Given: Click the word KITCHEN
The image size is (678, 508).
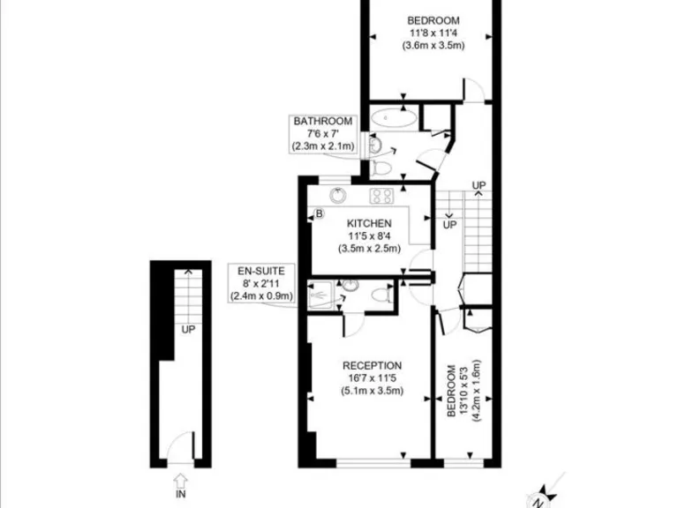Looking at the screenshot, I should point(369,223).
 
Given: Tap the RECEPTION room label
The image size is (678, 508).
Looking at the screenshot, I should point(373,365).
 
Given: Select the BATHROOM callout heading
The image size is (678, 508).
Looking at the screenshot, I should point(323,121).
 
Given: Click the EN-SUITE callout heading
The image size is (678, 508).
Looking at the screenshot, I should point(255,270).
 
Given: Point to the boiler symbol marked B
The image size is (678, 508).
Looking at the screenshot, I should point(320,213).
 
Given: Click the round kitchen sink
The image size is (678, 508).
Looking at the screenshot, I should point(335,195).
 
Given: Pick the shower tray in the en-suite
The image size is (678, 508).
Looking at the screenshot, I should point(321,293).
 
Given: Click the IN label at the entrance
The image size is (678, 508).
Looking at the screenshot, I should point(181,495).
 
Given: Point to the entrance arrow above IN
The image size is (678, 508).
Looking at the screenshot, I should point(181,480).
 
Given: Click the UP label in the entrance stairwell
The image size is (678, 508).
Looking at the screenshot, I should point(188,329).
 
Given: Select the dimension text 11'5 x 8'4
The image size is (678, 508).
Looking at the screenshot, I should point(369,236).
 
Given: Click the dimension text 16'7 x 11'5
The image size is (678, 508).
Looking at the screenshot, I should point(373,378).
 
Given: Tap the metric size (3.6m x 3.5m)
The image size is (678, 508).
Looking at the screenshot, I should point(433,45).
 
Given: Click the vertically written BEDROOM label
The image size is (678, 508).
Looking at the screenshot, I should point(452,390).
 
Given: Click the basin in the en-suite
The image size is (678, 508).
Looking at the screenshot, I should point(350,285).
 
